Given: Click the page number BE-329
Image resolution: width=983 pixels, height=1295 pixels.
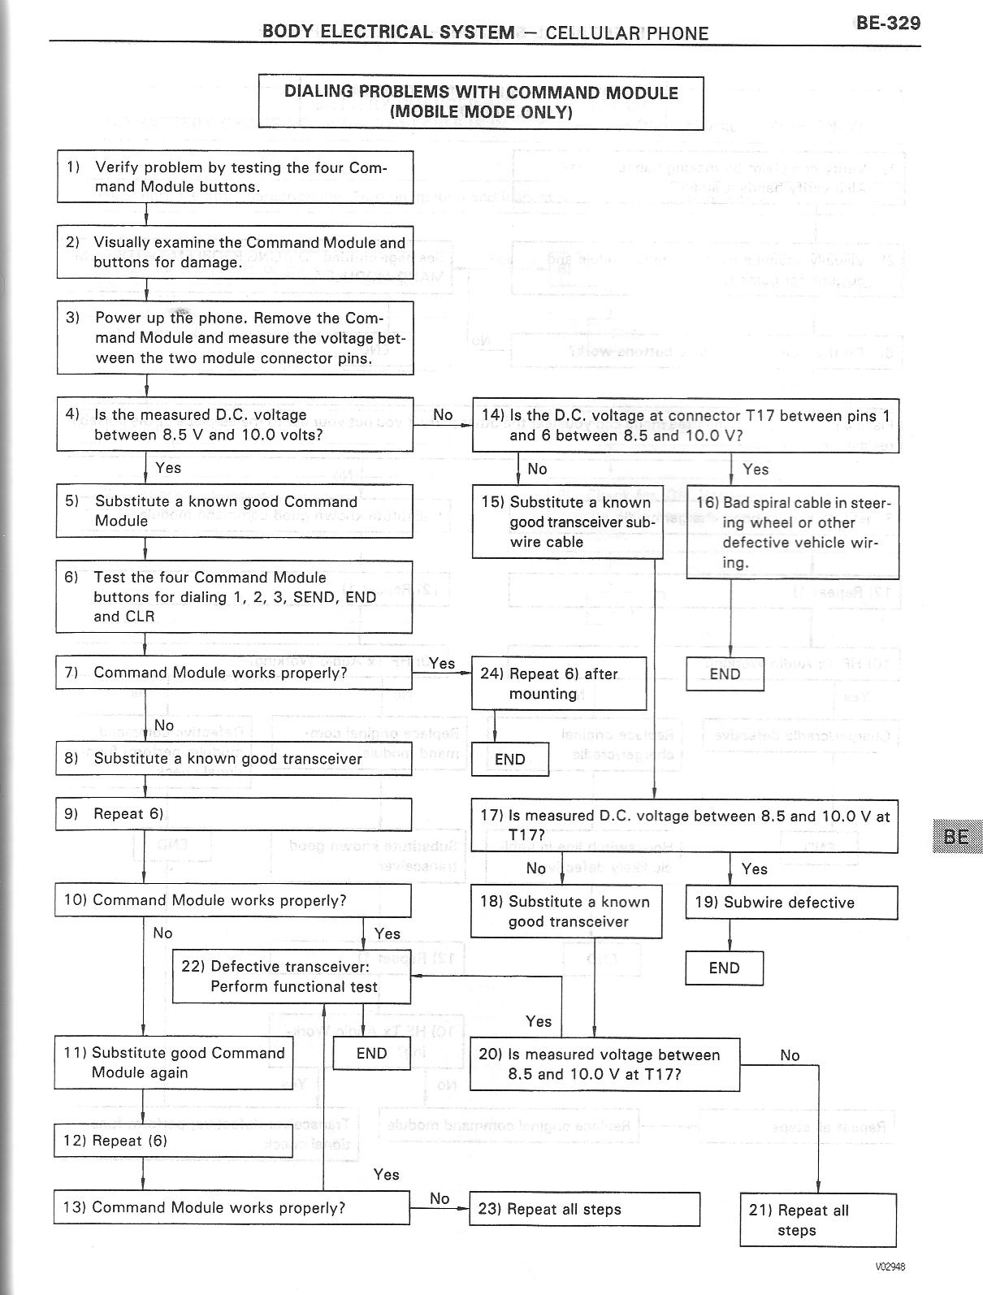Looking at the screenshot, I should click(888, 23).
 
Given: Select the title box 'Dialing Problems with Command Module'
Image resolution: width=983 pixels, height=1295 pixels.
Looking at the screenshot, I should click(480, 102).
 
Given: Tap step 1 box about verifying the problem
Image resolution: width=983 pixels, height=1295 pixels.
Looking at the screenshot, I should click(235, 176).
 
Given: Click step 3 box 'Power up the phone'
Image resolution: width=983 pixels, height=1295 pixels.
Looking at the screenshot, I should click(235, 337).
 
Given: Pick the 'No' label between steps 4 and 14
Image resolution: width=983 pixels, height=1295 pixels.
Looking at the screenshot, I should click(443, 415).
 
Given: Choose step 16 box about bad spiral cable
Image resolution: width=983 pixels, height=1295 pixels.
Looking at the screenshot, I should click(792, 532).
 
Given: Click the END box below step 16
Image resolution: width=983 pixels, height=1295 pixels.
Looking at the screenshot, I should click(725, 674).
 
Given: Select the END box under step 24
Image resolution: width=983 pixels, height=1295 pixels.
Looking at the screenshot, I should click(510, 760).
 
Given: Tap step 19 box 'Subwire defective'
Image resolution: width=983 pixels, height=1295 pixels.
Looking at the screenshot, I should click(791, 903).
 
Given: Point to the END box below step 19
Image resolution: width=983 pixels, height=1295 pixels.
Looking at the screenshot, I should click(724, 968).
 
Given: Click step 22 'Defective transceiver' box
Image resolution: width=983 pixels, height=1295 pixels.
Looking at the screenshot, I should click(292, 976).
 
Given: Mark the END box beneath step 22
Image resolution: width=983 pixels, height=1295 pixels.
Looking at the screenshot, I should click(372, 1054).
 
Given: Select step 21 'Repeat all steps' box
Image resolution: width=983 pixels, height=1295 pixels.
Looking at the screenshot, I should click(817, 1220).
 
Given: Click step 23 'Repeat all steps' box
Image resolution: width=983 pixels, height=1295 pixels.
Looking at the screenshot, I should click(584, 1209).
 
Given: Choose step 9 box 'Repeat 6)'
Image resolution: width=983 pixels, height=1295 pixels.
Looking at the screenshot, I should click(233, 814).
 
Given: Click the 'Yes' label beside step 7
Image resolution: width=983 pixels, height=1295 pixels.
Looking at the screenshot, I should click(442, 663).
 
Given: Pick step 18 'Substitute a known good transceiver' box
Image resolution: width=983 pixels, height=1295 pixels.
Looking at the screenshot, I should click(566, 912).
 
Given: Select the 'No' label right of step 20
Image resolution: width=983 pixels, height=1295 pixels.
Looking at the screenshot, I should click(790, 1055).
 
